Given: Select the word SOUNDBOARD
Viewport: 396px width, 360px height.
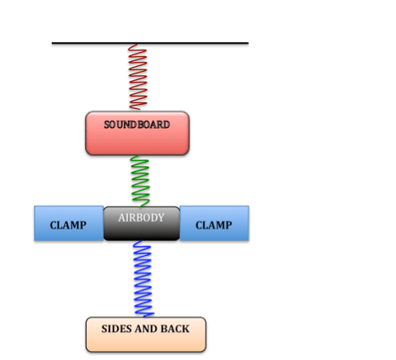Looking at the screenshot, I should [x=137, y=125].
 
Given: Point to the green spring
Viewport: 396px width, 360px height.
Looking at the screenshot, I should [x=140, y=181].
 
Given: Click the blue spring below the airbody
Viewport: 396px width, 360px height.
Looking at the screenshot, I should [x=144, y=278].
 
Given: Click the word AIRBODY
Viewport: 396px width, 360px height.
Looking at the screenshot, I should [x=141, y=218].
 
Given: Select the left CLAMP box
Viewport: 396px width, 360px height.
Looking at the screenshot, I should [x=68, y=224].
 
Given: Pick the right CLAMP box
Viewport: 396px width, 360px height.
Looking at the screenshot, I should [x=214, y=224].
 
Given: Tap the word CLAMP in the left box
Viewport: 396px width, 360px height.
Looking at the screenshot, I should [x=68, y=225].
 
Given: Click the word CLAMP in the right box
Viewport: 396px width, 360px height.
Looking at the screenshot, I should [x=214, y=225].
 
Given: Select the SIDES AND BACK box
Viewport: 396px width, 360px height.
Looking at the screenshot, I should [x=145, y=334].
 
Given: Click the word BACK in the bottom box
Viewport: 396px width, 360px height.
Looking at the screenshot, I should [x=175, y=329].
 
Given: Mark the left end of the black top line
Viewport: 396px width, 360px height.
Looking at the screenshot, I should [x=53, y=43].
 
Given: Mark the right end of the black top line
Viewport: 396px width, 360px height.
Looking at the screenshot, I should [x=247, y=43].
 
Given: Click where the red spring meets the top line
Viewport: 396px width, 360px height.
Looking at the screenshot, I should [x=137, y=45].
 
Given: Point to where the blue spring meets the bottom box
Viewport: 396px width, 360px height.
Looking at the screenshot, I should [x=145, y=316].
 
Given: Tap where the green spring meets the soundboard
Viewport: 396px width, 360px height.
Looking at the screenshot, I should [x=139, y=155].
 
